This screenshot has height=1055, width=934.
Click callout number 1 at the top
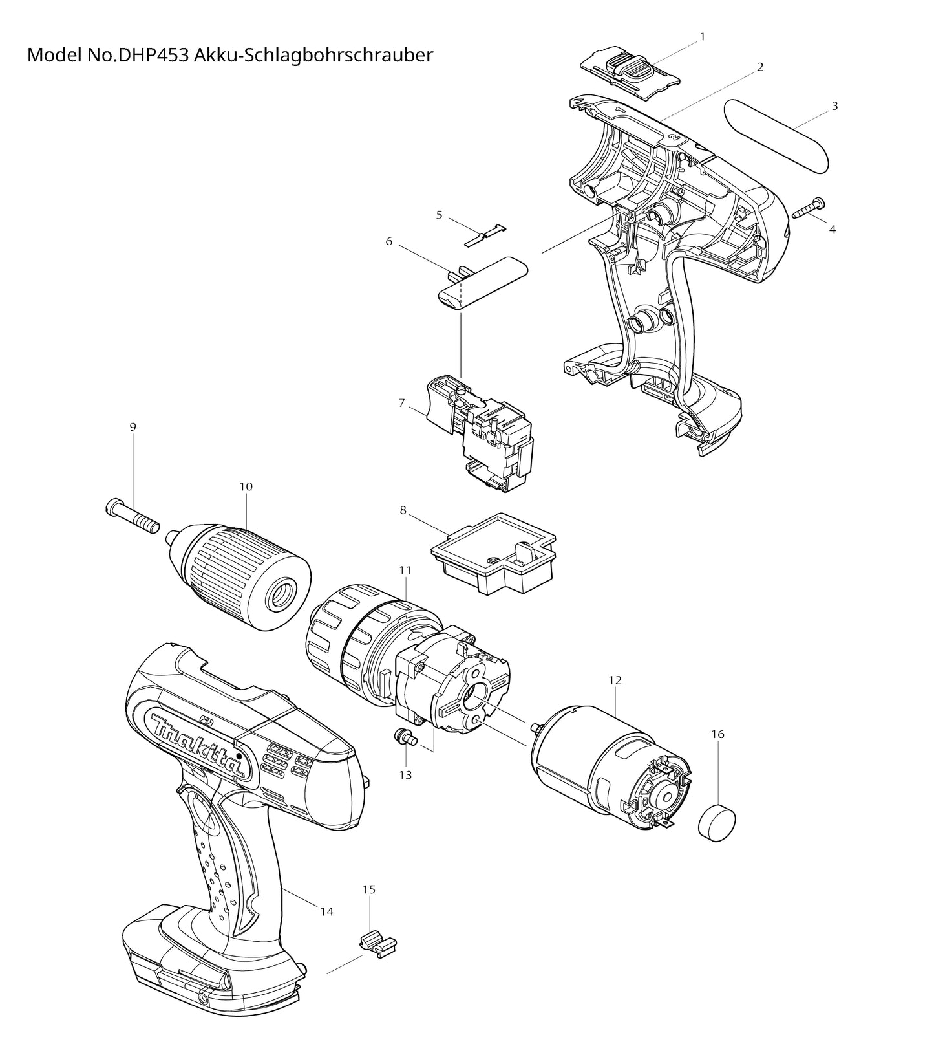pos(703,37)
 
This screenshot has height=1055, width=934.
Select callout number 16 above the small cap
pos(717,734)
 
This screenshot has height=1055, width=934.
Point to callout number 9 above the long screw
pos(133,427)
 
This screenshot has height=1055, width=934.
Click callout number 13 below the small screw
pos(405,774)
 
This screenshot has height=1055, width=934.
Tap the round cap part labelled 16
pos(717,822)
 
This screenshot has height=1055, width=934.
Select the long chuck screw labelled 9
pos(132,517)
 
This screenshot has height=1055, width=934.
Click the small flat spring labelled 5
pos(485,235)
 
